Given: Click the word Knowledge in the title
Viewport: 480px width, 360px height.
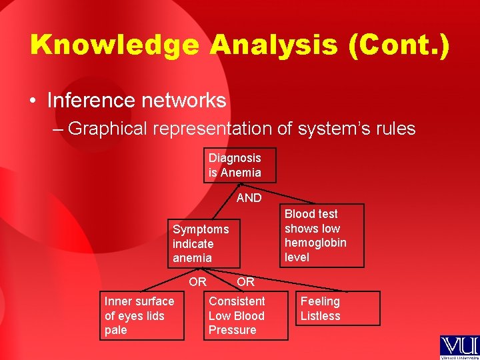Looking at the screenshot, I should [115, 45].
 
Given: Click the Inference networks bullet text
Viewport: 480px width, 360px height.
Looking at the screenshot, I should [137, 101].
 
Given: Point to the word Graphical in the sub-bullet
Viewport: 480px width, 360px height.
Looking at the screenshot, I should [109, 128].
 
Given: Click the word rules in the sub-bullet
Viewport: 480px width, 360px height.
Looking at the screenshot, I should [394, 128].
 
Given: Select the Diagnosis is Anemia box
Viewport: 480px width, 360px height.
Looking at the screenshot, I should [239, 165].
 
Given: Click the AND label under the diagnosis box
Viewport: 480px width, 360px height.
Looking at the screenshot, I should [249, 198].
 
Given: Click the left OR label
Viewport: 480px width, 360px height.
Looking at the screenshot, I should [197, 282].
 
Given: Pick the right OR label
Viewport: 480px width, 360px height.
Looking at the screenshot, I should [245, 282].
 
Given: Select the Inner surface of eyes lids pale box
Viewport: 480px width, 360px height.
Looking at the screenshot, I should [142, 316].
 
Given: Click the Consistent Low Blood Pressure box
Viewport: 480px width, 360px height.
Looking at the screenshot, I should [246, 316].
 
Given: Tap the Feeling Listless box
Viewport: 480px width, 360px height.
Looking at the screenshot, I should [338, 309].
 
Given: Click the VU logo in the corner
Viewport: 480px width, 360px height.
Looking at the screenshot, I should [459, 347].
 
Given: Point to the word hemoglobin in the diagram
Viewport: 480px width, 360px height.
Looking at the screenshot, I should [315, 243].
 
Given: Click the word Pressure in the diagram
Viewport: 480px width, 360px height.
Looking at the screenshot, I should [232, 330].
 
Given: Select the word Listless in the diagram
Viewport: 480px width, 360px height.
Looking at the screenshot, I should [320, 316].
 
